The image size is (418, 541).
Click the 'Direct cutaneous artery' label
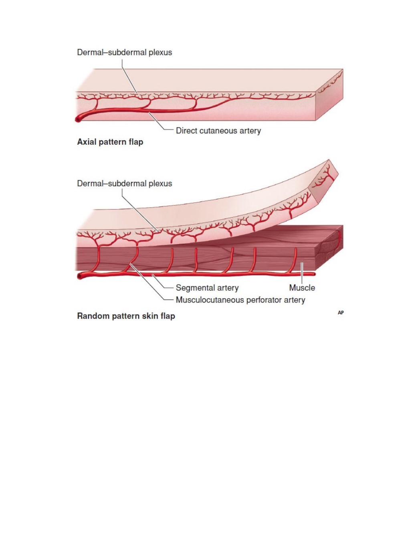[218, 131]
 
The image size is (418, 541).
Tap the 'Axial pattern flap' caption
[110, 142]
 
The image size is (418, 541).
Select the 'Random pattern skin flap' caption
[126, 316]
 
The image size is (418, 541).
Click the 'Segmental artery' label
[207, 288]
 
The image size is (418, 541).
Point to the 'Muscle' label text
[302, 288]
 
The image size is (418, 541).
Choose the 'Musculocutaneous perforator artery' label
[240, 300]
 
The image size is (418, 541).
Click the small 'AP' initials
[341, 313]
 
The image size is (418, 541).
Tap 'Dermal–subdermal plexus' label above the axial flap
[125, 52]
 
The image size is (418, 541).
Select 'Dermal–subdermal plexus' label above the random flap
[125, 184]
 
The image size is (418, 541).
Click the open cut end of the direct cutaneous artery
[78, 120]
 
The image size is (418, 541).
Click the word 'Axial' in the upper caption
[87, 141]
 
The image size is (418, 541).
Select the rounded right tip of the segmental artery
[314, 274]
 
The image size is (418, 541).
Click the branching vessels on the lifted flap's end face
[324, 178]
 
